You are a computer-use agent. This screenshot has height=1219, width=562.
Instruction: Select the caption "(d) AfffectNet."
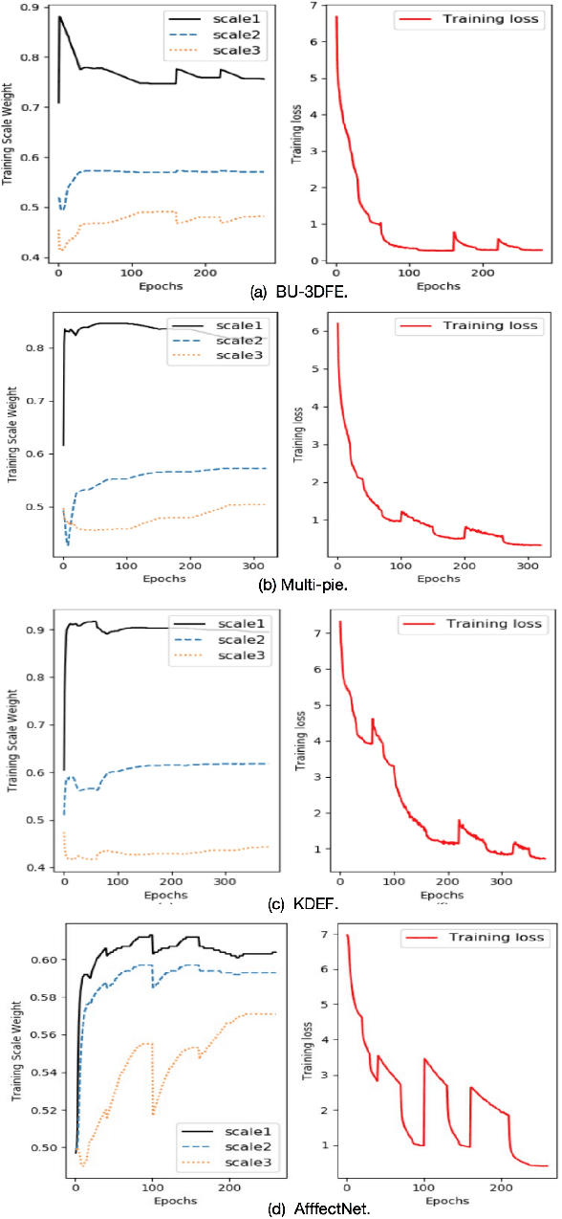[280, 1208]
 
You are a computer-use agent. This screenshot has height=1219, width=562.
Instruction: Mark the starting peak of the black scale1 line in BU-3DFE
[60, 16]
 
